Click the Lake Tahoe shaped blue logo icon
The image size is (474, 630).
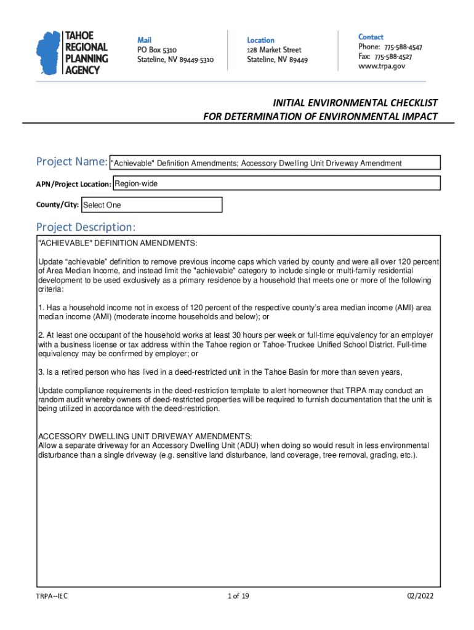point(49,53)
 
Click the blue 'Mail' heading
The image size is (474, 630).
point(145,40)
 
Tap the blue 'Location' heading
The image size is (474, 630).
point(261,40)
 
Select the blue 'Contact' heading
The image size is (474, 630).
point(371,37)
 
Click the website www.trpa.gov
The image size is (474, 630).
point(382,66)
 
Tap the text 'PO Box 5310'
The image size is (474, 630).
point(158,50)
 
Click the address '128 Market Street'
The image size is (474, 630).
point(274,50)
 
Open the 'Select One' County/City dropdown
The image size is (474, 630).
point(151,205)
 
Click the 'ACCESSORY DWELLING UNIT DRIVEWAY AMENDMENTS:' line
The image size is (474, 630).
point(145,436)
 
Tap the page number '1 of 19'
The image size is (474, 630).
point(238,596)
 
